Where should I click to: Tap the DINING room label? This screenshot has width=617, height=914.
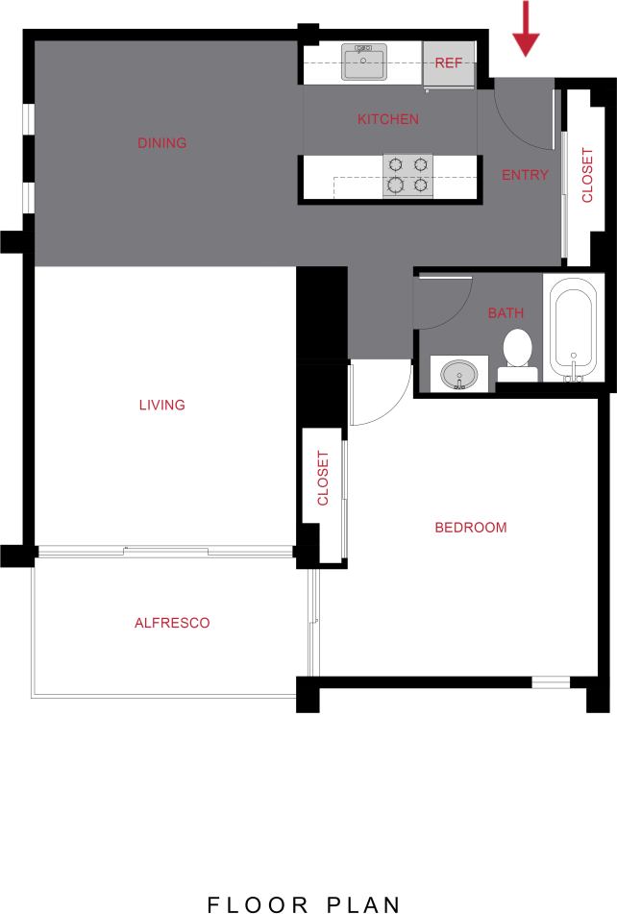tap(161, 143)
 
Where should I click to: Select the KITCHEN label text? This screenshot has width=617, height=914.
tap(388, 119)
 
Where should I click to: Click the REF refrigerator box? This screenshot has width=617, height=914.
tap(449, 63)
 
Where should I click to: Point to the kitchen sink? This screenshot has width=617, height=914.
tap(364, 62)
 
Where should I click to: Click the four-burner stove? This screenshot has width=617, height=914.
tap(407, 175)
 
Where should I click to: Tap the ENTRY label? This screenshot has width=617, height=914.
tap(525, 175)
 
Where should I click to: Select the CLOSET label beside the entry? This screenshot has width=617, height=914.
tap(587, 176)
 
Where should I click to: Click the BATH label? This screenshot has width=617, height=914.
tap(506, 312)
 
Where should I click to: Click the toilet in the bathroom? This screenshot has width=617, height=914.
tap(518, 352)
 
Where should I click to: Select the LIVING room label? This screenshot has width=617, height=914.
tap(161, 405)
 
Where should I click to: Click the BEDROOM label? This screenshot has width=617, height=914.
tap(471, 527)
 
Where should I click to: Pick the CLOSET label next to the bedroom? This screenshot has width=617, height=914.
tap(323, 478)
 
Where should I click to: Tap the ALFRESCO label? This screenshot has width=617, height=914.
tap(172, 623)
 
